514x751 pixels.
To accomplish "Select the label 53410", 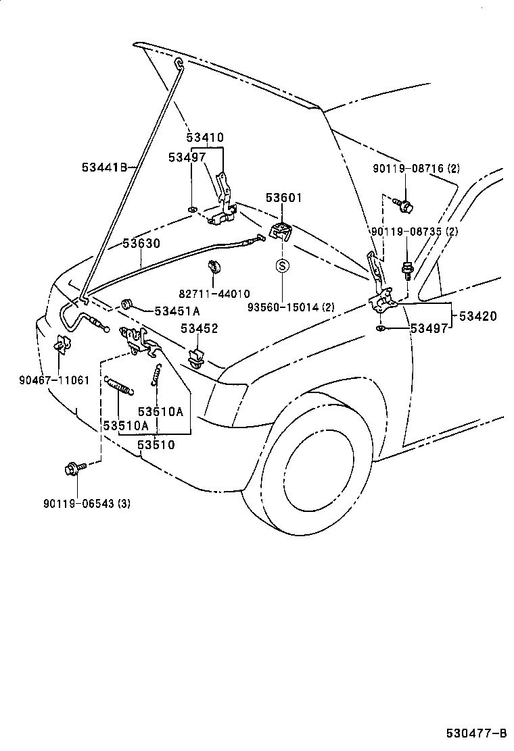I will (x=205, y=138).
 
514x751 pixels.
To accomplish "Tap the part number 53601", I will (x=283, y=198).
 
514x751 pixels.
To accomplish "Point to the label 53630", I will (x=141, y=243).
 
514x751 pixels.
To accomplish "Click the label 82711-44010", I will (x=214, y=294).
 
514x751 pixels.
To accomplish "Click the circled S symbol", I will (x=283, y=265).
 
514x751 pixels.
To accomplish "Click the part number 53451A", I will (x=177, y=311).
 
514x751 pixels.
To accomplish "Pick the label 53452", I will (x=199, y=329).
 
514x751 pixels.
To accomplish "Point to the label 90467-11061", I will (x=53, y=380).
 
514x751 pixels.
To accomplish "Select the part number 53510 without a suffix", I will (x=156, y=444).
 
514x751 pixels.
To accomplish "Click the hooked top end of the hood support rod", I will (x=179, y=64).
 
